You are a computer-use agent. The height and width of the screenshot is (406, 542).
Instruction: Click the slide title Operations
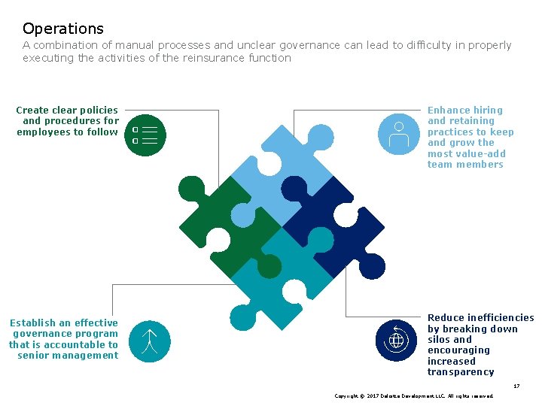pyautogui.click(x=63, y=29)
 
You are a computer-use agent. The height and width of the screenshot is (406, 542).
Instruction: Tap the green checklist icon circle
pyautogui.click(x=145, y=135)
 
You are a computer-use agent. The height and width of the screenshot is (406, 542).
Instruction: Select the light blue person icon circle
pyautogui.click(x=397, y=135)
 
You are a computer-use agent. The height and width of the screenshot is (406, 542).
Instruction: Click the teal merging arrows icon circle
pyautogui.click(x=149, y=341)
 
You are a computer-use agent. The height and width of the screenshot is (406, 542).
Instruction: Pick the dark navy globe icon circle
pyautogui.click(x=396, y=341)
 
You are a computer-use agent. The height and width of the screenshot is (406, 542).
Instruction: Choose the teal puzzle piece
pyautogui.click(x=282, y=274)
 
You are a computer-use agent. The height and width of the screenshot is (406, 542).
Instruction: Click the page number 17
pyautogui.click(x=516, y=386)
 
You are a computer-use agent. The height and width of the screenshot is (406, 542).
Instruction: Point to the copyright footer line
pyautogui.click(x=414, y=395)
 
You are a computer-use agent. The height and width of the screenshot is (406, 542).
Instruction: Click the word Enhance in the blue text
pyautogui.click(x=449, y=110)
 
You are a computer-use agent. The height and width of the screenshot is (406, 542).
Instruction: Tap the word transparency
pyautogui.click(x=461, y=372)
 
